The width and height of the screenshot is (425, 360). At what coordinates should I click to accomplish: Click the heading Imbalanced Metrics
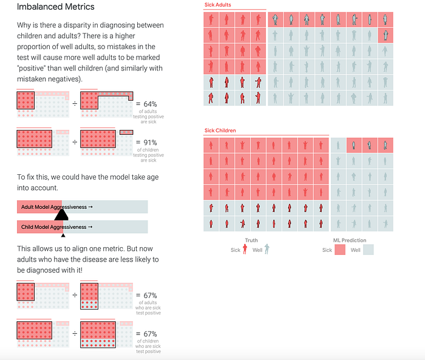tap(56, 7)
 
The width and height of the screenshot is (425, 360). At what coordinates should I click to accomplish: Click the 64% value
tap(150, 104)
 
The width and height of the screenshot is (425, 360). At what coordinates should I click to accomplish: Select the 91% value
tap(150, 143)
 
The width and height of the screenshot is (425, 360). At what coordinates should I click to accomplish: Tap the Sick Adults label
tap(217, 5)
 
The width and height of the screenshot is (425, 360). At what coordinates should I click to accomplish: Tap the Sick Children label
tap(220, 131)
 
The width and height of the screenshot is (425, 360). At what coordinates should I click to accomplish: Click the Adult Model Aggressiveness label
tap(54, 207)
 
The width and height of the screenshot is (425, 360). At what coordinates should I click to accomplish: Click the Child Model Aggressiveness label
tap(53, 227)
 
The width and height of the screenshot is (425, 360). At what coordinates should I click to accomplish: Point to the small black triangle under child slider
tap(63, 236)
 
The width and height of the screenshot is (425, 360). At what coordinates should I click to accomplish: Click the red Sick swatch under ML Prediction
tap(340, 250)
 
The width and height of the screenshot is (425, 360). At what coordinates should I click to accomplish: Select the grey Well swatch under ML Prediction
tap(369, 250)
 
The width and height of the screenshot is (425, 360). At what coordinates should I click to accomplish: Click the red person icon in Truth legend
tap(245, 249)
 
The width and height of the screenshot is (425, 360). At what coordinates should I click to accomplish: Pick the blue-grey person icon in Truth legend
tap(267, 249)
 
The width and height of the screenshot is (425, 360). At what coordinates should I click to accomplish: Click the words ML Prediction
tap(349, 240)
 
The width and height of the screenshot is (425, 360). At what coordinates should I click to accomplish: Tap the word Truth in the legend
tap(251, 240)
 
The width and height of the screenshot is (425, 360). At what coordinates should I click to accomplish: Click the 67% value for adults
tap(150, 295)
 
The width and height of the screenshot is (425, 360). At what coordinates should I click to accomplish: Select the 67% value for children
tap(150, 334)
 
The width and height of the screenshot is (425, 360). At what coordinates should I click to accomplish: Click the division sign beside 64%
tap(75, 104)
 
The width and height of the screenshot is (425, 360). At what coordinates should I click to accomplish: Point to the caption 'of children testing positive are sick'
tap(148, 155)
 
